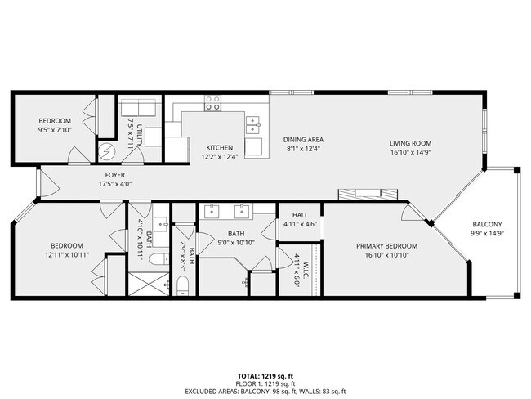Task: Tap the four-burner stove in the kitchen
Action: pyautogui.click(x=213, y=102)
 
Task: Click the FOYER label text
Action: pyautogui.click(x=114, y=174)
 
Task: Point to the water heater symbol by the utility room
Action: pyautogui.click(x=108, y=151)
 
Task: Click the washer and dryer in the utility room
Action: pyautogui.click(x=139, y=110)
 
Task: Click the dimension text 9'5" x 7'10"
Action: pyautogui.click(x=56, y=128)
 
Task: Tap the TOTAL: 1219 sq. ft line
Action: pyautogui.click(x=265, y=376)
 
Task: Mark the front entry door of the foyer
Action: pyautogui.click(x=38, y=182)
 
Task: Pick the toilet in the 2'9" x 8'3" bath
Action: pyautogui.click(x=183, y=285)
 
